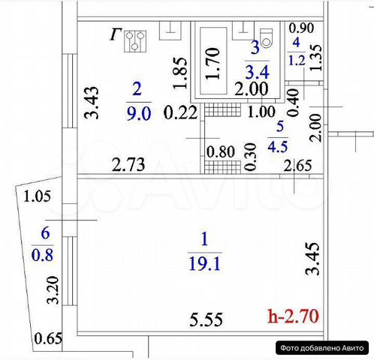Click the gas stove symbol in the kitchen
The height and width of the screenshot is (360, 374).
pyautogui.click(x=135, y=41)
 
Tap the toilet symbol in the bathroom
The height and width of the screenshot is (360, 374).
pyautogui.click(x=266, y=38)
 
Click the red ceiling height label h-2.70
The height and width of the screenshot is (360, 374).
pyautogui.click(x=294, y=316)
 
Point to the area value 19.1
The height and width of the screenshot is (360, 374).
pyautogui.click(x=205, y=264)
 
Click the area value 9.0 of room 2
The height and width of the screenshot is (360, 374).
pyautogui.click(x=139, y=114)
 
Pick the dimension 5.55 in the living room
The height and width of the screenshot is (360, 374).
pyautogui.click(x=206, y=319)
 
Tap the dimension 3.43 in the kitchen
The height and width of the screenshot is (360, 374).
pyautogui.click(x=92, y=103)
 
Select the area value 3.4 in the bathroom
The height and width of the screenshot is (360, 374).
pyautogui.click(x=257, y=72)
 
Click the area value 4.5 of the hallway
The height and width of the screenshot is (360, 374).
pyautogui.click(x=278, y=146)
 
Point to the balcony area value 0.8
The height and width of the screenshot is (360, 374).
pyautogui.click(x=42, y=255)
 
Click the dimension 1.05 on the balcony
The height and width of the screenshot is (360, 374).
pyautogui.click(x=37, y=196)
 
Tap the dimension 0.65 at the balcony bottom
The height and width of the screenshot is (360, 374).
pyautogui.click(x=48, y=339)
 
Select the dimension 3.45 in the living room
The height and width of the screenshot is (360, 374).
pyautogui.click(x=312, y=259)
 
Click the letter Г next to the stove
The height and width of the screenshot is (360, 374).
pyautogui.click(x=116, y=34)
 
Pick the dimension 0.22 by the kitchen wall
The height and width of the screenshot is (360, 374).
pyautogui.click(x=180, y=112)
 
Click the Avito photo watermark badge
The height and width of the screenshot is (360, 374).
pyautogui.click(x=322, y=348)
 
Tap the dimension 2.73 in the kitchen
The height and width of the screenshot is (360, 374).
pyautogui.click(x=128, y=164)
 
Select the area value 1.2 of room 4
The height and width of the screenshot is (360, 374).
pyautogui.click(x=297, y=61)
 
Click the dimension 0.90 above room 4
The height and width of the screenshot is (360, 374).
pyautogui.click(x=301, y=28)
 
